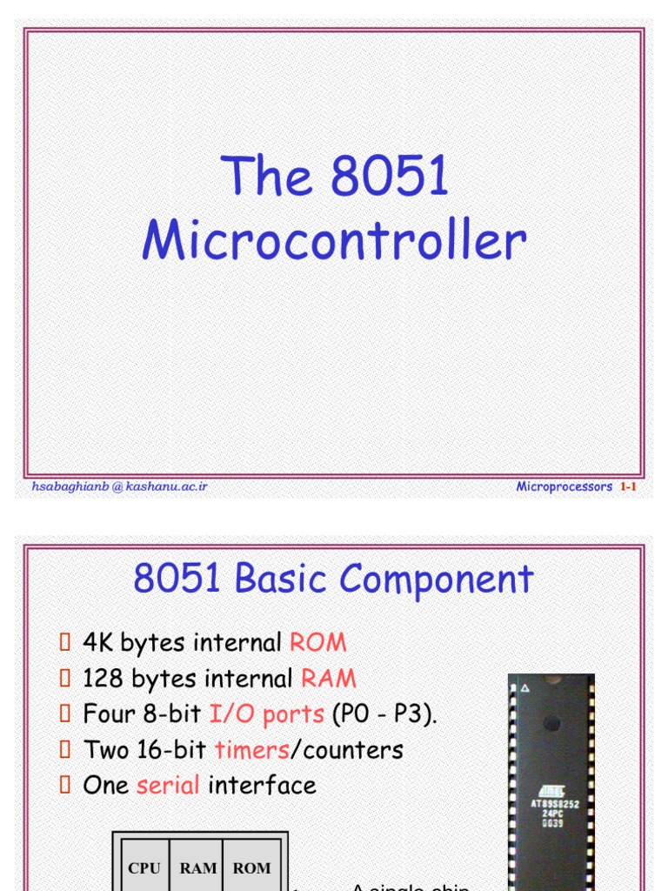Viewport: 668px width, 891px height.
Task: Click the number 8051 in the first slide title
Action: [390, 177]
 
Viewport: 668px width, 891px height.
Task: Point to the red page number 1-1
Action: [628, 487]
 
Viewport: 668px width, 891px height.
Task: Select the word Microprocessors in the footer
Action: [564, 487]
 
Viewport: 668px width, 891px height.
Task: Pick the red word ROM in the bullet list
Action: [317, 643]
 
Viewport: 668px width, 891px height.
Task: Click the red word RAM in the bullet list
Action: [329, 679]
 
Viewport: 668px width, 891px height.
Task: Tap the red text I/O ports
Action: [267, 714]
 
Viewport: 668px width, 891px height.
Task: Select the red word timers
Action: [251, 750]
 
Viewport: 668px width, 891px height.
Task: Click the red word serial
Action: [168, 786]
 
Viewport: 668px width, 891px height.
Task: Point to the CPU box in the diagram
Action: [144, 868]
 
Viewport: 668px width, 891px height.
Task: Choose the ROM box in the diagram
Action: [251, 868]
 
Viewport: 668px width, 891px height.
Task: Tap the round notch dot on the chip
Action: [551, 722]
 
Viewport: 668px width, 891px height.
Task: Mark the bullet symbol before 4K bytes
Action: [64, 643]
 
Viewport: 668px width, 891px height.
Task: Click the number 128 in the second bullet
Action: [103, 679]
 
